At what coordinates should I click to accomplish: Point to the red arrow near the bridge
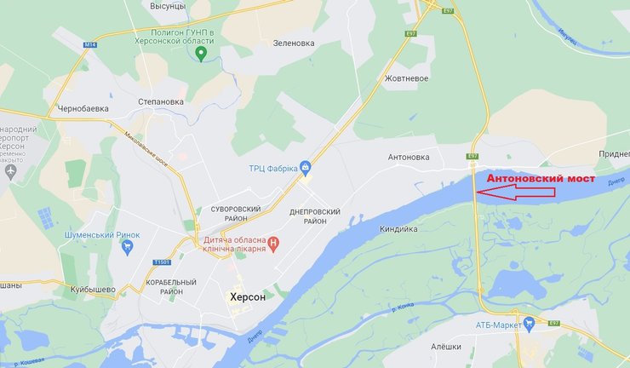click(x=516, y=193)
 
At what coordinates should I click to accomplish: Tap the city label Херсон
click(x=248, y=297)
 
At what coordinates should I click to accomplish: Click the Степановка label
click(x=161, y=101)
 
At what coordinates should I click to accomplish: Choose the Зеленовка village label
click(x=294, y=43)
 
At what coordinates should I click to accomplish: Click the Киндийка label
click(x=398, y=228)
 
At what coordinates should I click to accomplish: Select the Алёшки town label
click(x=445, y=347)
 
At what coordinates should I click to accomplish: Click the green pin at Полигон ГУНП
click(x=201, y=55)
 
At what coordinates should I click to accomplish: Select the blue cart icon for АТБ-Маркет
click(x=530, y=323)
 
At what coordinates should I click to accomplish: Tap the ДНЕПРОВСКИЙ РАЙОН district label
click(x=315, y=216)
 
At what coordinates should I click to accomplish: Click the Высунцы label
click(x=168, y=6)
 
